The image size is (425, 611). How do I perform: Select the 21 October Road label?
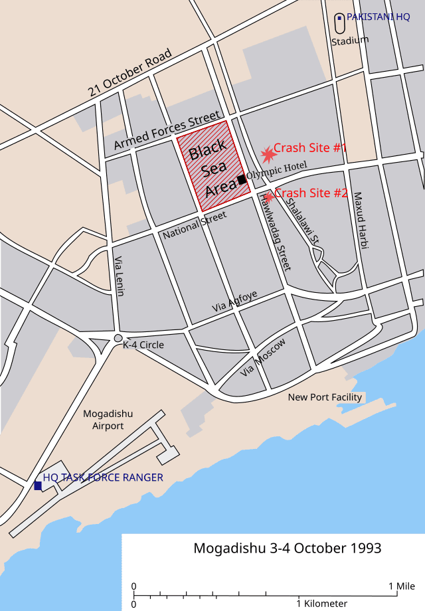(x=131, y=72)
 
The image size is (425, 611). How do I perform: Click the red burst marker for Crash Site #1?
(x=268, y=154)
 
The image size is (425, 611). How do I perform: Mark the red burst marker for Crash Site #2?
(x=268, y=197)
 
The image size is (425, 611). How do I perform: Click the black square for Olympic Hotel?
(x=242, y=179)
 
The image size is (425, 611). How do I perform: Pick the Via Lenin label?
(x=120, y=276)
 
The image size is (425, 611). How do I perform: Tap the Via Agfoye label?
(x=234, y=301)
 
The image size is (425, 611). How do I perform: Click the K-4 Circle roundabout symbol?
(x=118, y=339)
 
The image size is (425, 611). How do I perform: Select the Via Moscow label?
(x=263, y=357)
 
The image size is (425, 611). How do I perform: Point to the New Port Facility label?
(x=325, y=397)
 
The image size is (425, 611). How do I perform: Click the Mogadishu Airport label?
(x=108, y=419)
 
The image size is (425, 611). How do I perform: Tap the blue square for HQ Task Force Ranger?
(x=38, y=486)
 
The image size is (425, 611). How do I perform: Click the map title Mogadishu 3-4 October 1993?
(x=287, y=549)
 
